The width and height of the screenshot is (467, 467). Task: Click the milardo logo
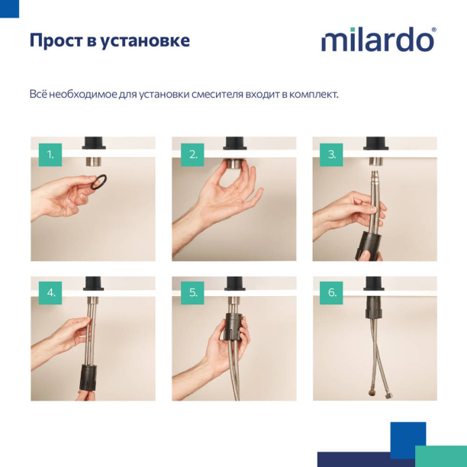tap(377, 40)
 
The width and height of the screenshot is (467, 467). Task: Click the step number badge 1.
tap(50, 154)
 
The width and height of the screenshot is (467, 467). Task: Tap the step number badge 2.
tap(192, 154)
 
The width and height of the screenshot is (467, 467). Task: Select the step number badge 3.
tap(332, 154)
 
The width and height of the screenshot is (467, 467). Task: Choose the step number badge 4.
tap(50, 292)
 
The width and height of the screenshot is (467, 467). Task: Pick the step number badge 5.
tap(192, 292)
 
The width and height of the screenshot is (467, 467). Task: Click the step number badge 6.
tap(332, 292)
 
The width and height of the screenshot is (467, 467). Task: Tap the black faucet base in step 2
tap(234, 143)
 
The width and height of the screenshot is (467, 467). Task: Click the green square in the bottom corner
tap(440, 456)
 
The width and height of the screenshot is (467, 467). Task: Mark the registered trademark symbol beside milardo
tap(433, 31)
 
